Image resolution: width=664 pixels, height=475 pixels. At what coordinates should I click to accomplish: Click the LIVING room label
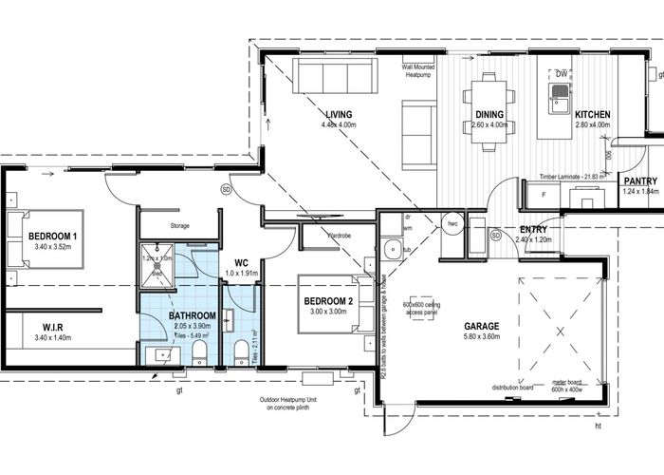pos(337,114)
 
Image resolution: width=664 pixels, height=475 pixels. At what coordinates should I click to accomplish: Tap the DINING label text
pos(489,114)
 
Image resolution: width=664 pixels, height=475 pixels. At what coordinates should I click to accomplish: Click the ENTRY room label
pos(537,230)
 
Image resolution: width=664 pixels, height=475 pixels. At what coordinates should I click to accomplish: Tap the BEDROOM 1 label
pos(53,236)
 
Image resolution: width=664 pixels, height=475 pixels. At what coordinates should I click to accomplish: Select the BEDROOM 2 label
pos(329,302)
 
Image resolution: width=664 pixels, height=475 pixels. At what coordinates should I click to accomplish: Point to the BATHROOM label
pos(193,315)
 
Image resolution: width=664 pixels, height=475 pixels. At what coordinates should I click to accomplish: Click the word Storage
pos(179,226)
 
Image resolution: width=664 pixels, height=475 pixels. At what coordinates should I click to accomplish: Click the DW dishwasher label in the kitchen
pos(562,73)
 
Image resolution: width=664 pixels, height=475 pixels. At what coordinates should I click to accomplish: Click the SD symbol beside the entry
pos(495,234)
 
